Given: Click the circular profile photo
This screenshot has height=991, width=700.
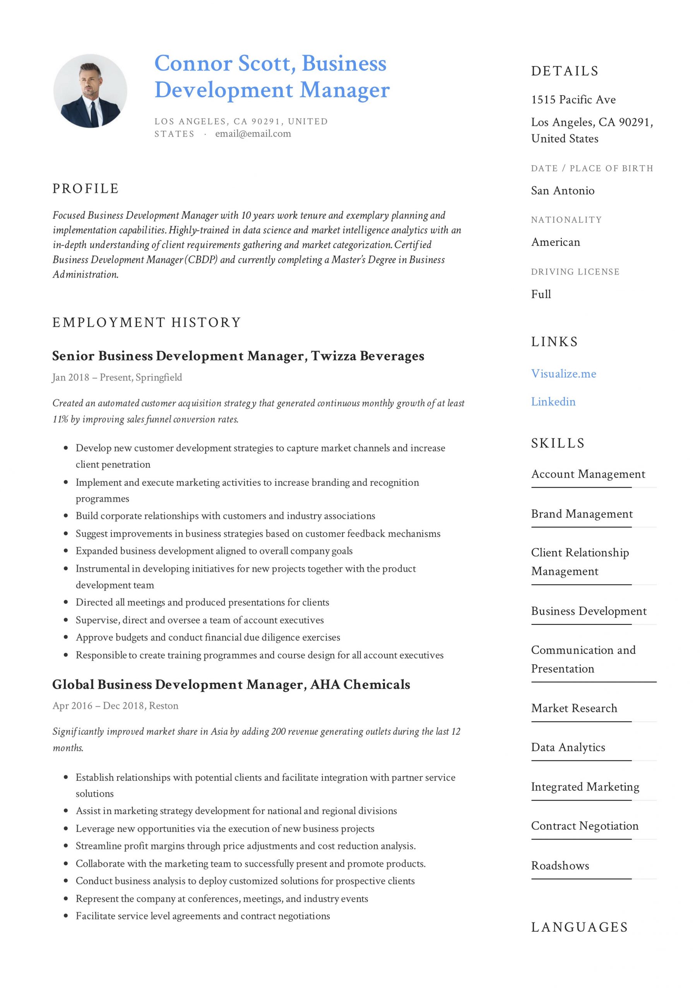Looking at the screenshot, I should tap(90, 91).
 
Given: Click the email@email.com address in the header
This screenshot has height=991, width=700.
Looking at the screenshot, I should tap(253, 134).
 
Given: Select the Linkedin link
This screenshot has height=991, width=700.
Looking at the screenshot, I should tap(553, 402).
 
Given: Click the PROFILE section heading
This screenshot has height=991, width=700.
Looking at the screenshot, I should tap(86, 189).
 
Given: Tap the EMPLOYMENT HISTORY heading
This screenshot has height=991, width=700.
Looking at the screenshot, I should tap(146, 322).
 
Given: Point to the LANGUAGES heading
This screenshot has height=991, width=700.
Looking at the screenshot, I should tap(579, 927).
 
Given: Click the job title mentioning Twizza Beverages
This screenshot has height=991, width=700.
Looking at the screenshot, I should tap(238, 356).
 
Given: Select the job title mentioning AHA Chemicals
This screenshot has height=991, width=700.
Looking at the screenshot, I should tap(231, 684).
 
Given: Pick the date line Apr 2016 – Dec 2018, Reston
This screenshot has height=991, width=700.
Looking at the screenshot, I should tap(115, 706).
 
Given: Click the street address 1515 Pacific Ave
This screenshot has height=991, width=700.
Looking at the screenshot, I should tap(573, 100).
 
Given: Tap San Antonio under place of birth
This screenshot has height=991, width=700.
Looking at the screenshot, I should tap(562, 191).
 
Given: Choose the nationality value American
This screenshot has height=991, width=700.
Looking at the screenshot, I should tap(555, 242).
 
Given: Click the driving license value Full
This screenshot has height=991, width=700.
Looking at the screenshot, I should tap(541, 294).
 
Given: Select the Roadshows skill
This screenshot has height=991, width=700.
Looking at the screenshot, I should tap(560, 866).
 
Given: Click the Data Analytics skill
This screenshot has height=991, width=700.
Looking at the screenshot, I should tap(568, 747).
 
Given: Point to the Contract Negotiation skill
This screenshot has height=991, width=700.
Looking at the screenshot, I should tap(584, 826).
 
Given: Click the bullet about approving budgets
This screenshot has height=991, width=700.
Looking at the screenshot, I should tap(207, 638).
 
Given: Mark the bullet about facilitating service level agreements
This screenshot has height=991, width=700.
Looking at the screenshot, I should tap(202, 916).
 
